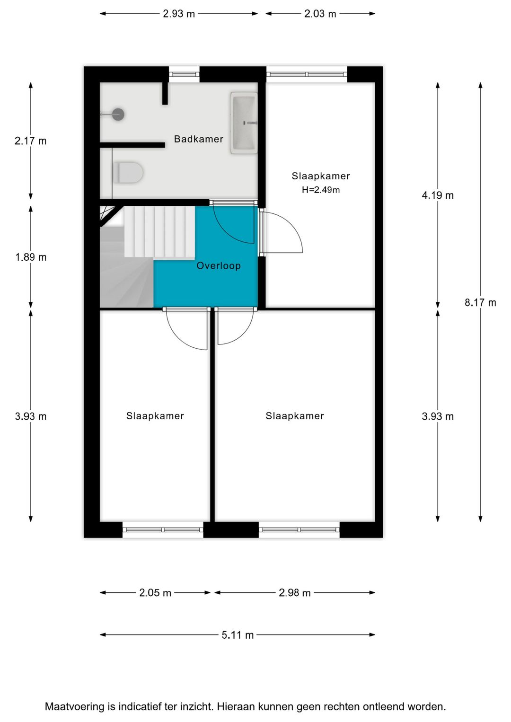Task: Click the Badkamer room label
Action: tap(198, 139)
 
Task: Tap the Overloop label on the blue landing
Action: tap(219, 266)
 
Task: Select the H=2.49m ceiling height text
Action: tap(321, 190)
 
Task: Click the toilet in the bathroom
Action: tap(128, 173)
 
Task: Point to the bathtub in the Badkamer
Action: tap(244, 123)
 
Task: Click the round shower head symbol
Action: tap(118, 114)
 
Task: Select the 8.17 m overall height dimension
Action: tap(480, 303)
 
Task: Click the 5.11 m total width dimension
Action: tap(238, 635)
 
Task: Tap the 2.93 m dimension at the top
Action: tap(179, 14)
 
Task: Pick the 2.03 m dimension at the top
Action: tap(320, 14)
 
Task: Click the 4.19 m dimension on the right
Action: tap(438, 195)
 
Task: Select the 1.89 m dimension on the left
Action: tap(31, 257)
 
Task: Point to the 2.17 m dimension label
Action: tap(31, 141)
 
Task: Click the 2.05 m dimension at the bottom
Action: tap(155, 593)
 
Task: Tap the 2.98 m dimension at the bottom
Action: tap(295, 593)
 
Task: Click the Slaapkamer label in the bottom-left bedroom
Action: tap(155, 416)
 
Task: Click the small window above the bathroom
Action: tap(184, 74)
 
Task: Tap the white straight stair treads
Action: tap(159, 232)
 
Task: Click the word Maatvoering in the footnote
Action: tap(75, 707)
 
